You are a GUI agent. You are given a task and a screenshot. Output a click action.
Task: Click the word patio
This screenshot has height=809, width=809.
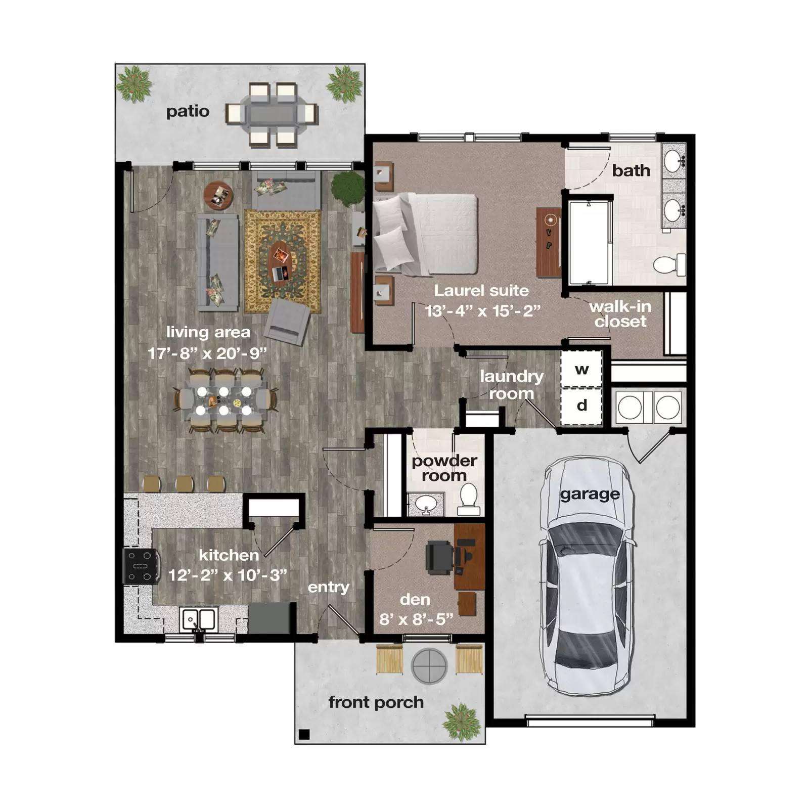point(188,111)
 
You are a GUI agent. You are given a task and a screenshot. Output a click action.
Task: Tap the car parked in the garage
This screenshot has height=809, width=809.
point(587,576)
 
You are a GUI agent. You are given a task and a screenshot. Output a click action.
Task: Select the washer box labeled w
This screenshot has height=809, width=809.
point(581,369)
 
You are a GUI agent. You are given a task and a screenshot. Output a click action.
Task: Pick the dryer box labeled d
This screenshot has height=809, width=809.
point(581,406)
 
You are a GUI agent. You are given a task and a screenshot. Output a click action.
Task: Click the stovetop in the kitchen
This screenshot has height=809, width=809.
point(141,566)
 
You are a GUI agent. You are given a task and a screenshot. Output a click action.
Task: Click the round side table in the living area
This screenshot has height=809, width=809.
point(218,195)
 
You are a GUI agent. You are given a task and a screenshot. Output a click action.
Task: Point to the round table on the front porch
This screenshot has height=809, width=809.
point(430,665)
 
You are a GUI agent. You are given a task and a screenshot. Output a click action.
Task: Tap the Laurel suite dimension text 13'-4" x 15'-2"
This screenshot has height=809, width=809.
point(482,310)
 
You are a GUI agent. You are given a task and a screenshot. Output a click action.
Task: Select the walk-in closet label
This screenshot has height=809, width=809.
point(620,314)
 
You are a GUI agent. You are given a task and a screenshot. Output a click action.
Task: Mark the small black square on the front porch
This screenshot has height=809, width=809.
point(304,734)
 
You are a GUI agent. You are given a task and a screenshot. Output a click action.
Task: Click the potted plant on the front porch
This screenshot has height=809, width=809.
point(461,722)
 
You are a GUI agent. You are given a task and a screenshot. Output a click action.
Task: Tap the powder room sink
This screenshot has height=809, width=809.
point(425,504)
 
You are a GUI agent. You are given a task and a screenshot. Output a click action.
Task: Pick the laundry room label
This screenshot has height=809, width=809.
point(511,384)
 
